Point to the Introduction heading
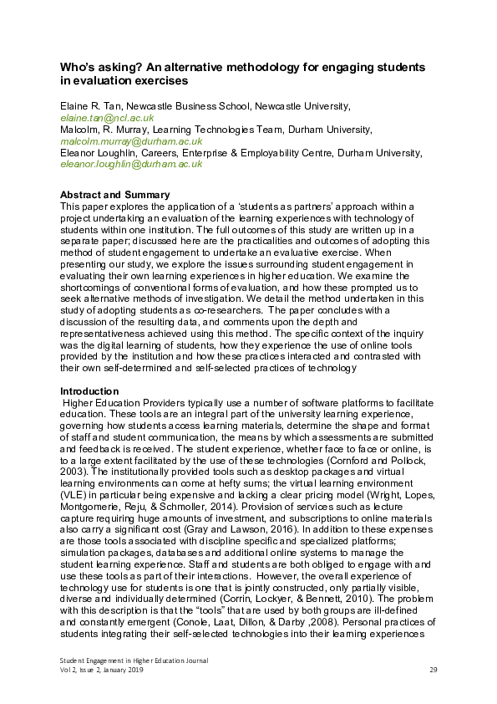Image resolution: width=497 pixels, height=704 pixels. click(x=90, y=390)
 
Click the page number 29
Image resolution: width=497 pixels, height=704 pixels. click(x=433, y=670)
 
